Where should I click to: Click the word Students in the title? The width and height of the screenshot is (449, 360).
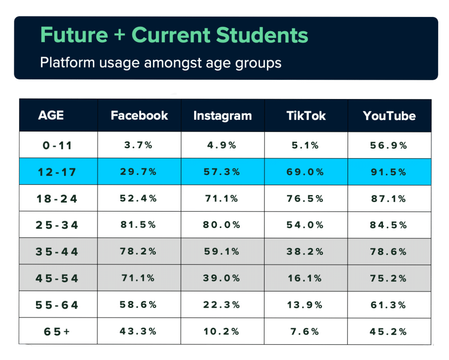262,35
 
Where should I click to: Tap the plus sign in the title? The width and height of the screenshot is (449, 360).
120,35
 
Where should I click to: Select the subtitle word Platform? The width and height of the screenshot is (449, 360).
68,62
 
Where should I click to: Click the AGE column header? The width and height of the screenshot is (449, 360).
51,115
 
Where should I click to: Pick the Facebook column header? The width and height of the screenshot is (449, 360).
139,116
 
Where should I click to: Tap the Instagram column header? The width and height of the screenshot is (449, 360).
223,116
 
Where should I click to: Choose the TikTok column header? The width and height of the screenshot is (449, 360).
306,116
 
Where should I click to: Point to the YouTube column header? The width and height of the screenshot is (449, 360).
390,116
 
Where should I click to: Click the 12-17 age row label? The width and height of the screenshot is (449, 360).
57,172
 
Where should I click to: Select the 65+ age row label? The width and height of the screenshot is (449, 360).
57,332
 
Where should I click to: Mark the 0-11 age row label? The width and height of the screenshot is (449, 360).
57,145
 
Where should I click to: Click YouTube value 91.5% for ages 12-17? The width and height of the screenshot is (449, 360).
389,172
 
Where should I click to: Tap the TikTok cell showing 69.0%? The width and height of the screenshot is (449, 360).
305,172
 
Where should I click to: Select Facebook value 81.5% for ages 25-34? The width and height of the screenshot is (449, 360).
138,225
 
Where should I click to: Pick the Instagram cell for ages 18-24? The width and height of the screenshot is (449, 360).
222,198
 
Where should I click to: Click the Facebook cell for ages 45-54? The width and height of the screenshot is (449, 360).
138,278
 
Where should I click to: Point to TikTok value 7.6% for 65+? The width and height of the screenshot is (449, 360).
305,331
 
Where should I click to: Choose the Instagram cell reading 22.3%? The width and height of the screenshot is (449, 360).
222,305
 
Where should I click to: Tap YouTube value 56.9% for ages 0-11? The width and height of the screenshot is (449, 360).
389,145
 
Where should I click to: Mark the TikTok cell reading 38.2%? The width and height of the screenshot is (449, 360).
305,251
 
